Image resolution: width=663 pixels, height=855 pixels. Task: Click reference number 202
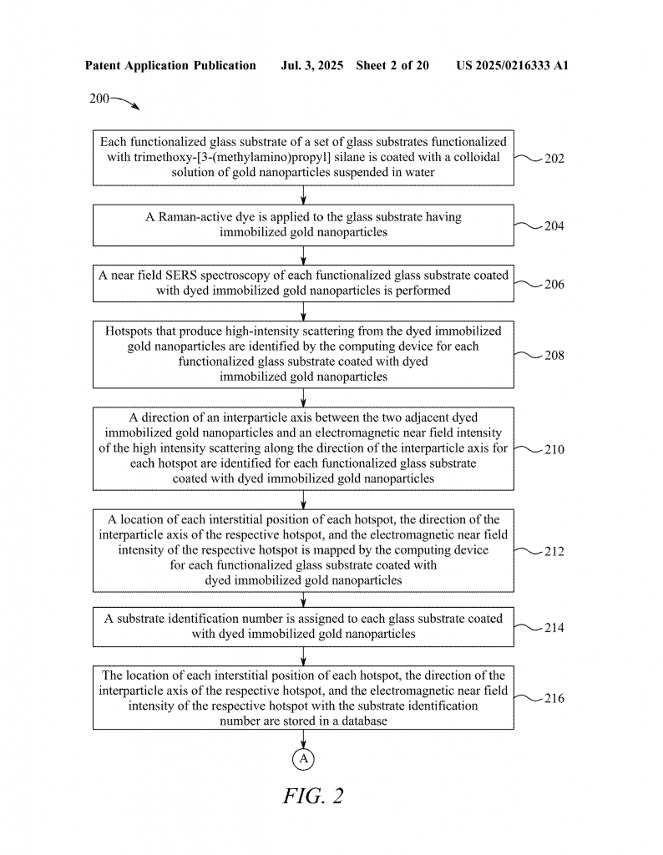tap(554, 159)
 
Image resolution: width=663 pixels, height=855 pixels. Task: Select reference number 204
tap(554, 226)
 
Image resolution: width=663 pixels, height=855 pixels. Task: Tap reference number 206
tap(554, 284)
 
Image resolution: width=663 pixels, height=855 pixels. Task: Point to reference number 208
tap(554, 356)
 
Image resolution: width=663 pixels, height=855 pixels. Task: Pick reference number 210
tap(554, 450)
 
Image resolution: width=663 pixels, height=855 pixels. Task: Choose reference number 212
tap(554, 552)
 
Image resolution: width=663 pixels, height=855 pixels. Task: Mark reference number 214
tap(554, 628)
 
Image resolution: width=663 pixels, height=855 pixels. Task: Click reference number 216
tap(554, 699)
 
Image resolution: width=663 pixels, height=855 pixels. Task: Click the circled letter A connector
tap(303, 759)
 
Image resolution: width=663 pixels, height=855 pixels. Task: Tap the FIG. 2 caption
tap(313, 796)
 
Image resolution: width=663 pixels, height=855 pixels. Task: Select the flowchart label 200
tap(99, 99)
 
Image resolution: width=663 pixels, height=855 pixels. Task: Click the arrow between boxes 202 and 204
tap(303, 195)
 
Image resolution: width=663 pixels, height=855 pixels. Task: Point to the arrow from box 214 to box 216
tap(303, 656)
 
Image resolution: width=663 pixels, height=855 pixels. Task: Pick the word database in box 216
tap(364, 721)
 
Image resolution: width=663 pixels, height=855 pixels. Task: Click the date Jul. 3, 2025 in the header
tap(311, 66)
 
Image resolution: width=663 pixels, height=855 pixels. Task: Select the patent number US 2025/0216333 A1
tap(513, 66)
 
